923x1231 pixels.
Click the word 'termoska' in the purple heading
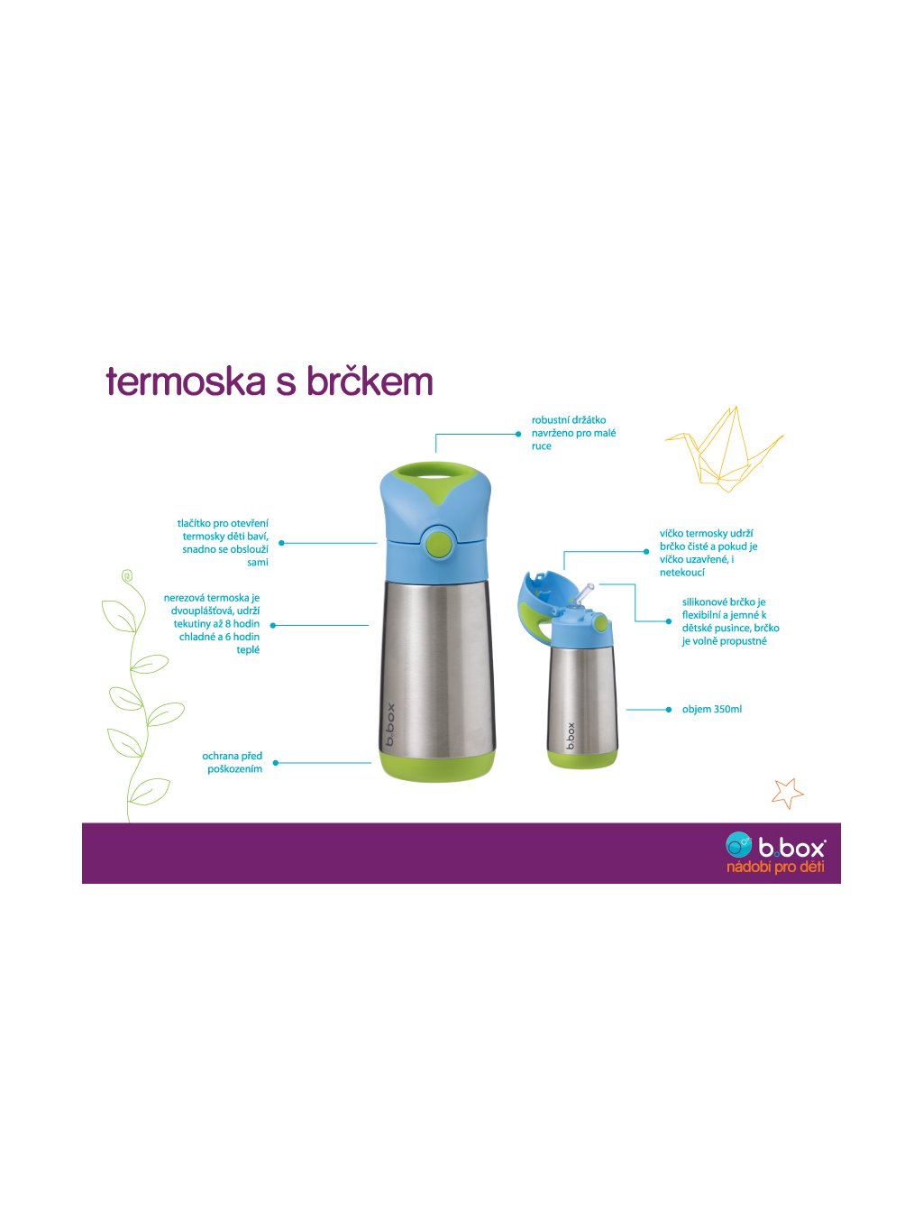coord(186,381)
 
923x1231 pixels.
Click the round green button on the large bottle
coord(439,542)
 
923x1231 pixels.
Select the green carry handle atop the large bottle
coord(438,473)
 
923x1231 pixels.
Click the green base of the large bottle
coord(437,765)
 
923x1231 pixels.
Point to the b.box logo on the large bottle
coord(390,724)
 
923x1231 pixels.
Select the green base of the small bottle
coord(582,759)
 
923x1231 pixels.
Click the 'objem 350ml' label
coord(711,709)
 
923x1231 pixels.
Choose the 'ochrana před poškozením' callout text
coord(232,762)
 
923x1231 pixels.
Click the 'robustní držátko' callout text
coord(568,419)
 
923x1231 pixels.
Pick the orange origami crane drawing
coord(724,449)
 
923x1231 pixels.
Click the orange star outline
coord(788,793)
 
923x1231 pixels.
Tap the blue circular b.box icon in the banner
coord(738,845)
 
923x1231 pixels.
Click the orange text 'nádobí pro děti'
coord(775,867)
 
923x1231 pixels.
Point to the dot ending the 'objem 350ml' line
coord(669,710)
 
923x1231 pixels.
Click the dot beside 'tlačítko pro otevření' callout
coord(281,543)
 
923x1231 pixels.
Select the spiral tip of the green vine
coord(128,576)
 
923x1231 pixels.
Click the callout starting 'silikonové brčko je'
coord(730,621)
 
